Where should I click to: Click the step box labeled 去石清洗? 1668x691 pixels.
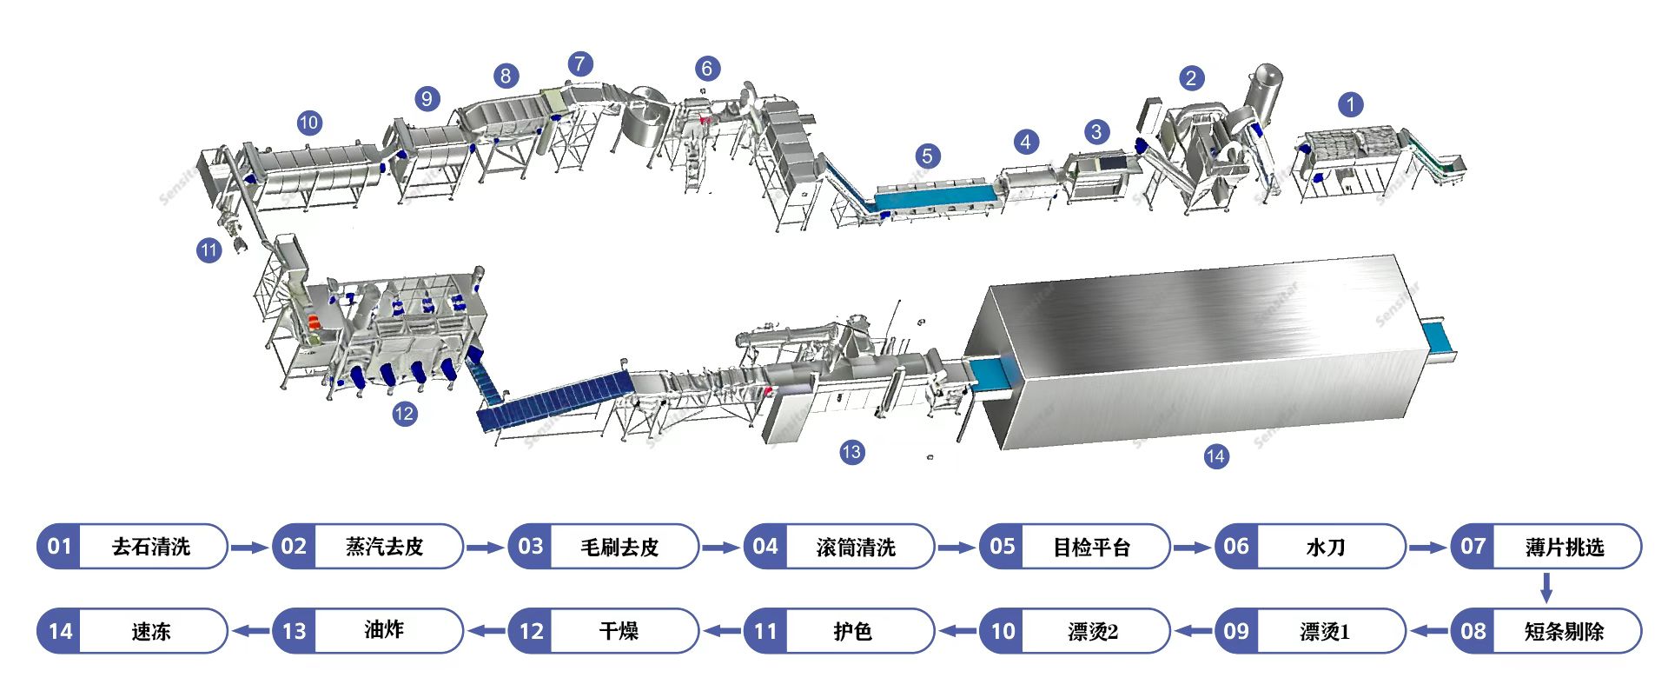(x=151, y=547)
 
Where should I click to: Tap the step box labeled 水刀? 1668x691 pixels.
(x=1326, y=547)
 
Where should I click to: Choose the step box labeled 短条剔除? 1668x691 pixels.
(x=1564, y=631)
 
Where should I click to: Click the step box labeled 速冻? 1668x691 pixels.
(x=151, y=631)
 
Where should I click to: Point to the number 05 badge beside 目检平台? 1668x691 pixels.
(x=1002, y=547)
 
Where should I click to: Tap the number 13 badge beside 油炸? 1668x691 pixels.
(x=295, y=631)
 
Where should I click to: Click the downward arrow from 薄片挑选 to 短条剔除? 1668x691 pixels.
(x=1546, y=588)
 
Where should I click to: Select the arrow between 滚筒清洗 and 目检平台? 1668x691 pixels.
(x=956, y=548)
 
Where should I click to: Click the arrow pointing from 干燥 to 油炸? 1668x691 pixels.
(x=486, y=631)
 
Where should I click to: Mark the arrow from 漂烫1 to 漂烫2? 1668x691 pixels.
(x=1191, y=631)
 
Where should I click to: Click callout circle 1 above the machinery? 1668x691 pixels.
(x=1350, y=105)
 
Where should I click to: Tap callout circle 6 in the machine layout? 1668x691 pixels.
(x=707, y=69)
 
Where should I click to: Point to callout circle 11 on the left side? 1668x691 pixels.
(x=208, y=250)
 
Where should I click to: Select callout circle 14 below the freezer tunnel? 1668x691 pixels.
(x=1215, y=455)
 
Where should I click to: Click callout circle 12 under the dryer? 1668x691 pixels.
(x=404, y=414)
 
